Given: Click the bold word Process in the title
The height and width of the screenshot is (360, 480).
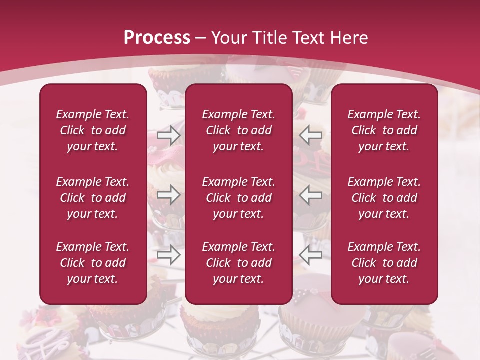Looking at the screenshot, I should pyautogui.click(x=157, y=38).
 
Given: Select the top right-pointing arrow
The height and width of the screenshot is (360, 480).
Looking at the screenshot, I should pyautogui.click(x=168, y=135).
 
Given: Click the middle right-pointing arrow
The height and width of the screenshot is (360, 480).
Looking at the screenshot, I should pyautogui.click(x=168, y=195).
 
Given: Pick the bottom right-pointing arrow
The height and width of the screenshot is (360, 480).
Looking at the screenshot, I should pyautogui.click(x=168, y=254).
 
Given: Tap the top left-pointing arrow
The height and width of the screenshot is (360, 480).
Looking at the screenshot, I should pyautogui.click(x=311, y=135).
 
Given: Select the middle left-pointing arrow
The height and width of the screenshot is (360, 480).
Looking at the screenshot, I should pyautogui.click(x=311, y=195).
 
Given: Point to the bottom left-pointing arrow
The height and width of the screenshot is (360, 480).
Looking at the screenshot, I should pyautogui.click(x=311, y=254).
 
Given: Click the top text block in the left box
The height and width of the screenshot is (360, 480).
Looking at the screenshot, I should pyautogui.click(x=93, y=130).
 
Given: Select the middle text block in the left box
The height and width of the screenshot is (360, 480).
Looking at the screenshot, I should pyautogui.click(x=93, y=198).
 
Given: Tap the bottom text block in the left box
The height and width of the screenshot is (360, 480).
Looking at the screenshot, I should pyautogui.click(x=93, y=263).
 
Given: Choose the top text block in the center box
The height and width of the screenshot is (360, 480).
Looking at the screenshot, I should pyautogui.click(x=238, y=130).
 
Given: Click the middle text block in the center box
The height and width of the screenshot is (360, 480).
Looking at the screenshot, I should pyautogui.click(x=238, y=198).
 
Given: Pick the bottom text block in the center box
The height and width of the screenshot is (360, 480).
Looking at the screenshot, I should pyautogui.click(x=238, y=263).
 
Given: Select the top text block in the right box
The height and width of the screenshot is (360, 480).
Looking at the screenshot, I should pyautogui.click(x=384, y=130).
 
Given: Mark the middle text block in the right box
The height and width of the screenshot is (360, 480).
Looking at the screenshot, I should pyautogui.click(x=384, y=198).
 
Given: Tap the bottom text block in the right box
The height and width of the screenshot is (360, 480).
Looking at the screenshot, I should pyautogui.click(x=384, y=263).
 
